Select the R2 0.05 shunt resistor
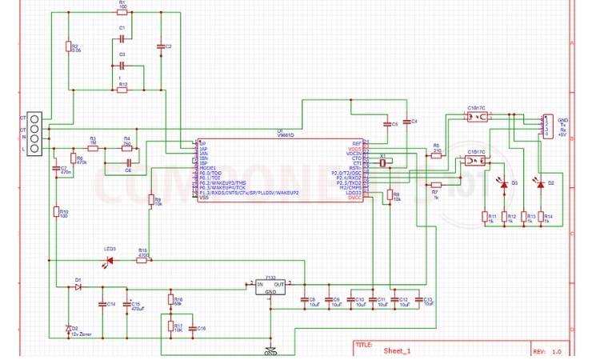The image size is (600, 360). tap(69, 47)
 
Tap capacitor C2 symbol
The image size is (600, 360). tap(159, 46)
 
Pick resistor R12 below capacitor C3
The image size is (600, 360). tap(122, 90)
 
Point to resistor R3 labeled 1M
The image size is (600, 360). tap(93, 147)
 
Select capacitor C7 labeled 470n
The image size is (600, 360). tap(54, 170)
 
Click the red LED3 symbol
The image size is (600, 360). tap(110, 260)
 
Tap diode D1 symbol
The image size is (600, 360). tap(78, 286)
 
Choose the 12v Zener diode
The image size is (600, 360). tap(68, 328)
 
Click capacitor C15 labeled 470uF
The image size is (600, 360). tap(124, 304)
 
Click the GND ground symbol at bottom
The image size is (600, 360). tap(270, 350)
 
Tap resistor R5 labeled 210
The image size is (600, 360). tap(436, 156)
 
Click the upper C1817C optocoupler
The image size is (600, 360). tap(477, 117)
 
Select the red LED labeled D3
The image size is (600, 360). tap(504, 185)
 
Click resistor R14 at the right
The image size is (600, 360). tap(547, 216)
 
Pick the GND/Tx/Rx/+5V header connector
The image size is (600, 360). tap(547, 127)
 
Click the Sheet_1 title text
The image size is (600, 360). tap(397, 350)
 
